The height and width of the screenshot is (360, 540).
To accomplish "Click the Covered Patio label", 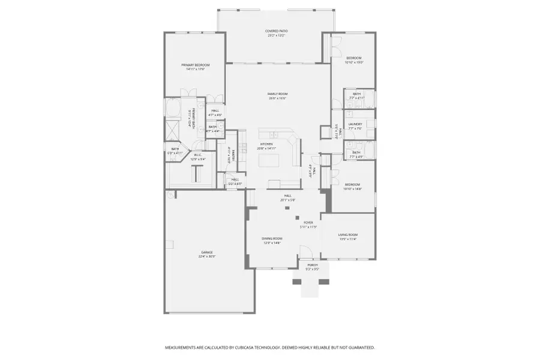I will tap(277, 31).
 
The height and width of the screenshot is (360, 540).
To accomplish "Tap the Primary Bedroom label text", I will tap(196, 65).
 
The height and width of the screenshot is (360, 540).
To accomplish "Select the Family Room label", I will tap(278, 94).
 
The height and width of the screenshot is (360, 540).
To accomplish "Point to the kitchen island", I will tap(266, 160).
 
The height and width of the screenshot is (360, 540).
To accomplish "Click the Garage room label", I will tap(206, 253).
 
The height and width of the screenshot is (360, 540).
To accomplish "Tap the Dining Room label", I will tap(272, 238).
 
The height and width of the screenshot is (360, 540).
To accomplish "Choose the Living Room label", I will tap(348, 235).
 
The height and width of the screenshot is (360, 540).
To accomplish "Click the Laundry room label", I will tap(355, 124).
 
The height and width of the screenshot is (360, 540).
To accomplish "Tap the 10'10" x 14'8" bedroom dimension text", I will tap(353, 188).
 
